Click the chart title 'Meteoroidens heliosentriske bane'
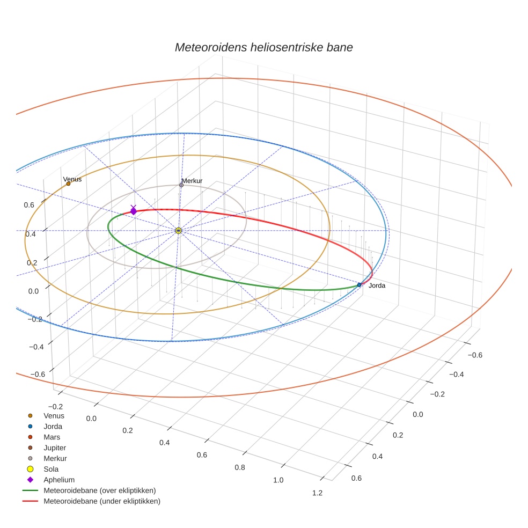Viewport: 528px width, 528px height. tap(263, 47)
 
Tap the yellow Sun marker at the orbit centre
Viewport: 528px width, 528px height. tap(178, 231)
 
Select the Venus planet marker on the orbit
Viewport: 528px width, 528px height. tap(68, 184)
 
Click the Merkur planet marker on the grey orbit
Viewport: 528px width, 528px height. tap(181, 185)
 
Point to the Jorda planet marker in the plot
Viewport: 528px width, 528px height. tap(359, 285)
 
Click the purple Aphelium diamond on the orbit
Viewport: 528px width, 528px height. tap(133, 211)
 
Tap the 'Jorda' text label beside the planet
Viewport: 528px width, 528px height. tap(377, 285)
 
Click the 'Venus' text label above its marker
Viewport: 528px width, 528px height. tap(72, 179)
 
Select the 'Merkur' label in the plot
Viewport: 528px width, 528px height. tap(192, 181)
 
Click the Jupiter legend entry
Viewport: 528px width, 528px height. tap(55, 448)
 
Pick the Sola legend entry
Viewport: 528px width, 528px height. tap(51, 469)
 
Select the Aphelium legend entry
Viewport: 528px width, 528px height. tap(58, 480)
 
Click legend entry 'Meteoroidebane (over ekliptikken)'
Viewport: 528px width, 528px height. tap(99, 490)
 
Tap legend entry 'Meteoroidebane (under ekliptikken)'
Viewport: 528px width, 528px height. tap(101, 501)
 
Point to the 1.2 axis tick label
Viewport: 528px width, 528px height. tap(317, 493)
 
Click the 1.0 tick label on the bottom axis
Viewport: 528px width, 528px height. tap(278, 480)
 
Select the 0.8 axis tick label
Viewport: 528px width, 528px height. tap(240, 467)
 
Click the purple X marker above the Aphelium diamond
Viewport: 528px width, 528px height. tap(133, 207)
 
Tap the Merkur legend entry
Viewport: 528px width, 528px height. tap(55, 458)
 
